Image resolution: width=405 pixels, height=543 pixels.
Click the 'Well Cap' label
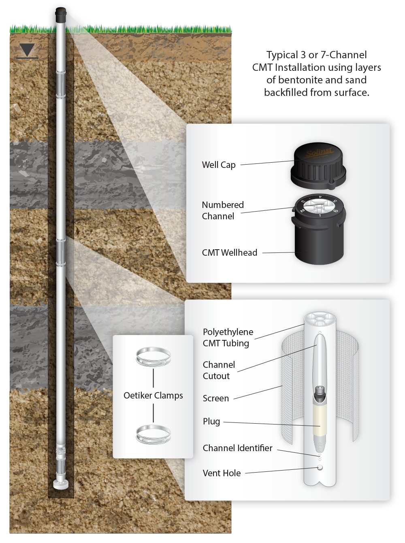219,165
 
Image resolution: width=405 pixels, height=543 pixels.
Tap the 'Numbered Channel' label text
223,210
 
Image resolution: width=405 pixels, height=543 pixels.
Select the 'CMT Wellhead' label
230,253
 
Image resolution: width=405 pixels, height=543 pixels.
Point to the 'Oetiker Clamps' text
153,396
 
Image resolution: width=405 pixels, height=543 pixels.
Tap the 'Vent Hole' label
222,473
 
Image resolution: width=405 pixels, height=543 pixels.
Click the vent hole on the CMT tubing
320,468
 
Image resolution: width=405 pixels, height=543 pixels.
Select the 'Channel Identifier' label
237,448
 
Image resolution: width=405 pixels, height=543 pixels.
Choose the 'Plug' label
211,422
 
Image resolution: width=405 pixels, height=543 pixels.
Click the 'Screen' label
216,399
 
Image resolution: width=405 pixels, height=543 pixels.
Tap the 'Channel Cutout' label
219,370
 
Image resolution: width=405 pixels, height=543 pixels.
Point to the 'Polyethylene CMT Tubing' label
228,337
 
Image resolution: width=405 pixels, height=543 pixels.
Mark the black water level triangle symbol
28,50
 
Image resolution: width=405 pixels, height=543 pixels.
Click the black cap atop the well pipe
61,12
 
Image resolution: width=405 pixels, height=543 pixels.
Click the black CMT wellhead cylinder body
319,243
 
